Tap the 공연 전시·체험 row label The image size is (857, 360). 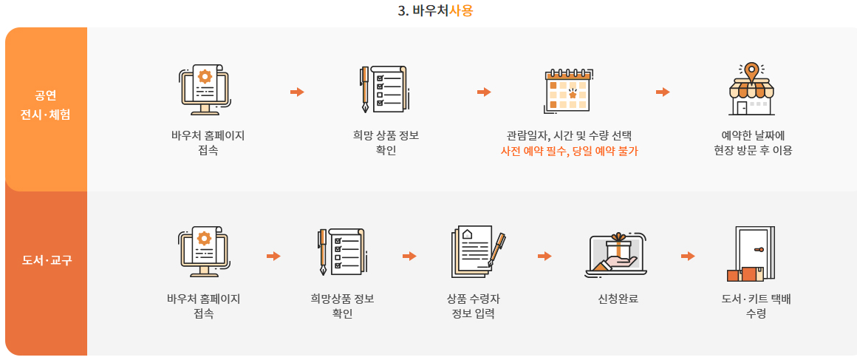pos(46,105)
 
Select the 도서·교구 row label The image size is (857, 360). pos(46,260)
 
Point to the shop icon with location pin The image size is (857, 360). pos(750,89)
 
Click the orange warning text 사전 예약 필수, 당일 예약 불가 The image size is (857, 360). pos(569,151)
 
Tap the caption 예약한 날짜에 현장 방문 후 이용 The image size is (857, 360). pos(748,143)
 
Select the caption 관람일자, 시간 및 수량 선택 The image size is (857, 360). pos(569,136)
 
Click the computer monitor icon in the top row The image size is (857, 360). pos(205,89)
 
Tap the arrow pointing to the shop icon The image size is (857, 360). pos(663,92)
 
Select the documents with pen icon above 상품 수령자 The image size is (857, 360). pos(477,252)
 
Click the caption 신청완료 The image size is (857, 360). pos(618,299)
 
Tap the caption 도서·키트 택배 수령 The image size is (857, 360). pos(756,306)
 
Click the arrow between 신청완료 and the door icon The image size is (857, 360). pos(688,256)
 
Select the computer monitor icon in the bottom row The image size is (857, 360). pos(204,252)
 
